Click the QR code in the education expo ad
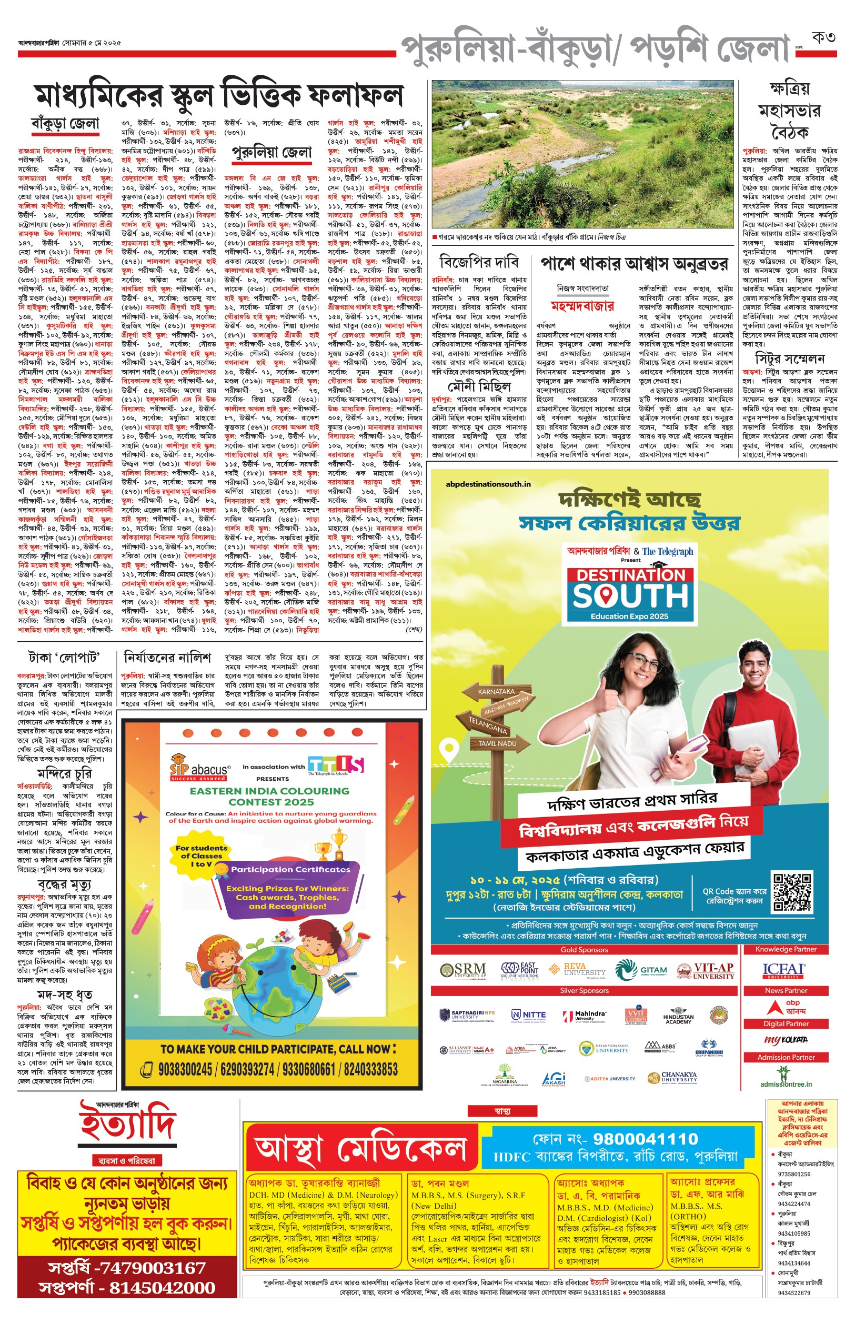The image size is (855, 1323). tap(792, 892)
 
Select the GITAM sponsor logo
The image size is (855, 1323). tap(641, 970)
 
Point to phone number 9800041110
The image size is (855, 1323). tap(646, 1139)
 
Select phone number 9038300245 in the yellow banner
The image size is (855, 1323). tap(185, 1069)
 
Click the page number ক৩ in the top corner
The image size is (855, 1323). tap(823, 37)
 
